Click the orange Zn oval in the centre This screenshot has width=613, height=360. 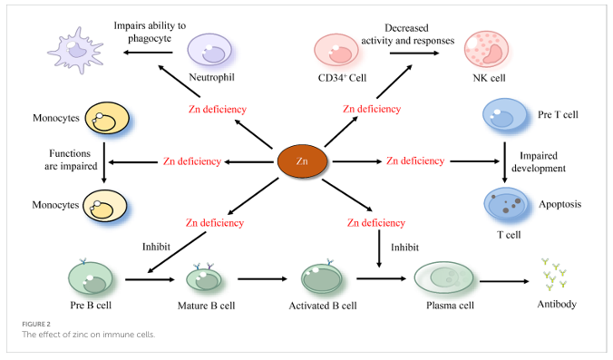pos(302,161)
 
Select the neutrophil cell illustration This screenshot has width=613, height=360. pos(209,50)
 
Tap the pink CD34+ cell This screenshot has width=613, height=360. pos(336,50)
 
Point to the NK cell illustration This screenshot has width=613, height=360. pos(486,50)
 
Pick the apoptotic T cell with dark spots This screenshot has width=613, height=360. pos(506,203)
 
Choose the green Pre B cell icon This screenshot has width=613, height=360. pos(91,278)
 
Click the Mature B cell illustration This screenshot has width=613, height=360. pos(204,277)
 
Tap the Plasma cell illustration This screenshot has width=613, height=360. pos(443,277)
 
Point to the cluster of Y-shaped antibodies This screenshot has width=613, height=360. pos(554,275)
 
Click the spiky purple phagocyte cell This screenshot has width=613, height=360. pos(76,50)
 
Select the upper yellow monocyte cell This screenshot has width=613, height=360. pos(107,118)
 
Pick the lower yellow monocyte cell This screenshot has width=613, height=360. pos(105,206)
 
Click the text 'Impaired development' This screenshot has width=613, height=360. pos(539,161)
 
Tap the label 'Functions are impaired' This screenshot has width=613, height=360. pos(71,160)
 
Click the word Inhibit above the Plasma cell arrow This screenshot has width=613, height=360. pos(404,247)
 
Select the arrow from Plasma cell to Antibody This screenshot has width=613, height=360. pos(504,281)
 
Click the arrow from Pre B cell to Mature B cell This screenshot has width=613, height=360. pos(150,279)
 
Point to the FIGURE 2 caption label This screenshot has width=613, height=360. pos(36,324)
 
